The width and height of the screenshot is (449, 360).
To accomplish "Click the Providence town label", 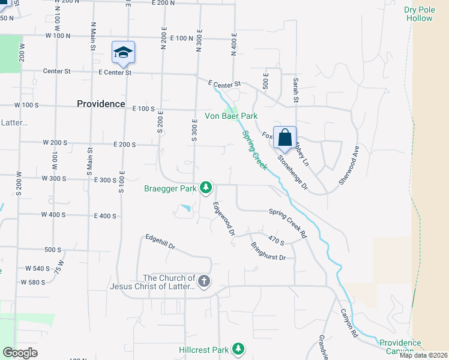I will point(101,104).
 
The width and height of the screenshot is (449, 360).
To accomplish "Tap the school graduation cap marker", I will point(123,53).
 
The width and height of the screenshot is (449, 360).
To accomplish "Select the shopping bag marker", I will point(285,138).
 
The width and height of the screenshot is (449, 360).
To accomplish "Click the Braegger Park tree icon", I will point(206,188).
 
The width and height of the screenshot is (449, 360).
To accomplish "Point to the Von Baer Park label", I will point(231,116).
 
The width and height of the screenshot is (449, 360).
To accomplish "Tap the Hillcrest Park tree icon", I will point(238,349).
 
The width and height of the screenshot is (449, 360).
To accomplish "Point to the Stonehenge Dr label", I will point(293,173).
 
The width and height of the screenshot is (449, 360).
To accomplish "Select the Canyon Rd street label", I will point(349,322).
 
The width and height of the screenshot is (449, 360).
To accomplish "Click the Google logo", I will point(20,353).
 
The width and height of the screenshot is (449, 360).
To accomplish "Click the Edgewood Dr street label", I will point(223,218).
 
